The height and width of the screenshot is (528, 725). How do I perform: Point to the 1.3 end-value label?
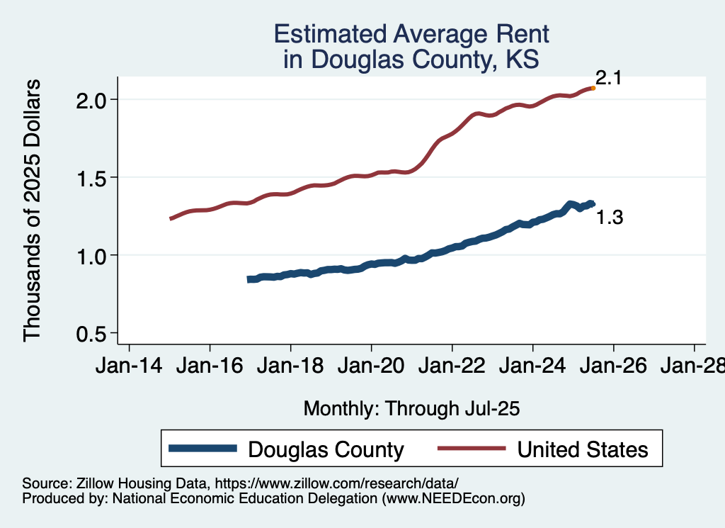pos(610,218)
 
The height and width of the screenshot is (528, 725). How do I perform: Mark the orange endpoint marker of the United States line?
pos(593,88)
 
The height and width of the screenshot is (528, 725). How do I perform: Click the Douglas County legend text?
pos(326,449)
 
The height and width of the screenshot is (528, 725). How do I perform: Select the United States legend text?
pos(583,449)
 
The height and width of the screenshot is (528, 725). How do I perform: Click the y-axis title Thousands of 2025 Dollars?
pos(33,210)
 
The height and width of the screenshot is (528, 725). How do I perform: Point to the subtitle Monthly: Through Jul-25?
pos(411,408)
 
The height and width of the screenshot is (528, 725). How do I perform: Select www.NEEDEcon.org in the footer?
pos(453,499)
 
